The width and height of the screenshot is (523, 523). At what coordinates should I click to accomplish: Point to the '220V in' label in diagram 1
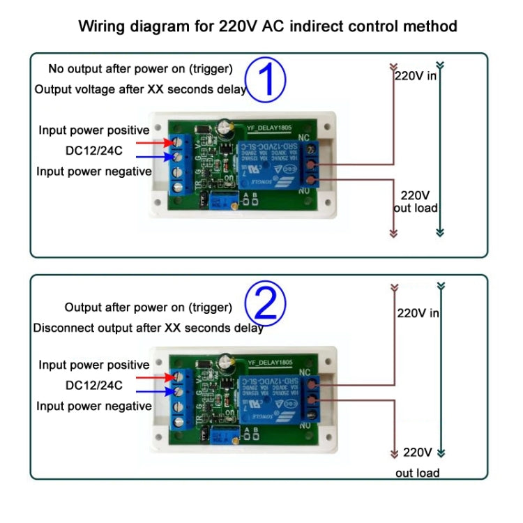click(416, 75)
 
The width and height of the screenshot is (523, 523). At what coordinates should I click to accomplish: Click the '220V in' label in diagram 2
click(418, 313)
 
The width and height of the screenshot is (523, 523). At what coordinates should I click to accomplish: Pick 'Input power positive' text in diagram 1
click(93, 130)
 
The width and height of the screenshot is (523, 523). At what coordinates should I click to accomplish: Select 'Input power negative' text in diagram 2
click(93, 406)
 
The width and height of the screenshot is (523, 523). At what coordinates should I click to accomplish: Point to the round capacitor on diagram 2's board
click(226, 363)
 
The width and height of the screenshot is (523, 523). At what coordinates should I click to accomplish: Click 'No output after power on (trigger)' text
click(140, 69)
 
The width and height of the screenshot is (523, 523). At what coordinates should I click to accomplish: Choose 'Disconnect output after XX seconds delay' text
click(148, 328)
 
